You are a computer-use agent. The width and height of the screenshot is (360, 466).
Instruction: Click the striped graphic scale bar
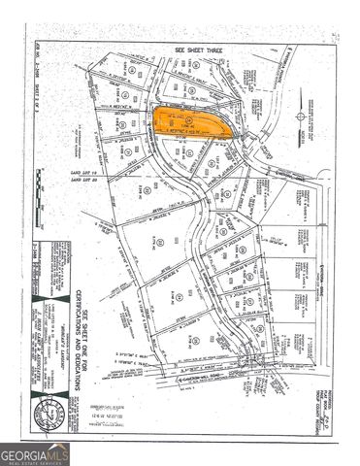[x=40, y=209]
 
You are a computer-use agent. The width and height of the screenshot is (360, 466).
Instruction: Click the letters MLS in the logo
[x=57, y=452]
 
